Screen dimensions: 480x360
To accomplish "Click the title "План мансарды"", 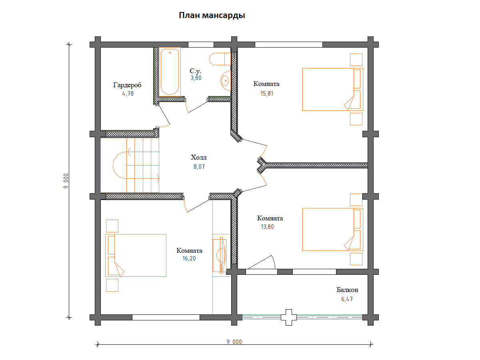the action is pyautogui.click(x=212, y=16).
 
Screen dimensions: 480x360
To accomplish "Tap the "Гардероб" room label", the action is pyautogui.click(x=127, y=85).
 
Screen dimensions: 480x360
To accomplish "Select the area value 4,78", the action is pyautogui.click(x=128, y=94).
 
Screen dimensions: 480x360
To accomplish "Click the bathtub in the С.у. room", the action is pyautogui.click(x=170, y=72).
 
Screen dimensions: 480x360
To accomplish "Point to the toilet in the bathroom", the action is pyautogui.click(x=220, y=59).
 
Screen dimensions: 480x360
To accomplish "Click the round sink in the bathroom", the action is pyautogui.click(x=226, y=81).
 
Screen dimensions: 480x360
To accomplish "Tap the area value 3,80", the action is pyautogui.click(x=196, y=78).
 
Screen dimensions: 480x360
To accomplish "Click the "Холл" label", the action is pyautogui.click(x=198, y=157).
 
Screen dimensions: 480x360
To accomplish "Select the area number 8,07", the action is pyautogui.click(x=199, y=167).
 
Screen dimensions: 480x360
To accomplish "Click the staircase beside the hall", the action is pyautogui.click(x=130, y=165).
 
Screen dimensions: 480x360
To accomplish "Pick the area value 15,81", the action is pyautogui.click(x=267, y=94).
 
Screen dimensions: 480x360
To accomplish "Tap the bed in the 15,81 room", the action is pyautogui.click(x=333, y=89).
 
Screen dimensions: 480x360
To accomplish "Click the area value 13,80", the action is pyautogui.click(x=267, y=227).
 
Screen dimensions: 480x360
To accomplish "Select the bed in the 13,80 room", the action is pyautogui.click(x=333, y=229).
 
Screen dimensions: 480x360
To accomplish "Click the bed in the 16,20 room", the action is pyautogui.click(x=136, y=255).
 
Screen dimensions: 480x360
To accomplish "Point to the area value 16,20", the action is pyautogui.click(x=189, y=258).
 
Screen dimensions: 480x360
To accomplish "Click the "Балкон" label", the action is pyautogui.click(x=347, y=290).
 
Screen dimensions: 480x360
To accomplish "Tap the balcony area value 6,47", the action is pyautogui.click(x=347, y=299).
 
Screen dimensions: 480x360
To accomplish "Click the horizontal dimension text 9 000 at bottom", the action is pyautogui.click(x=234, y=342).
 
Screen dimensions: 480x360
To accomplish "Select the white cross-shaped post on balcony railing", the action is pyautogui.click(x=289, y=317).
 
